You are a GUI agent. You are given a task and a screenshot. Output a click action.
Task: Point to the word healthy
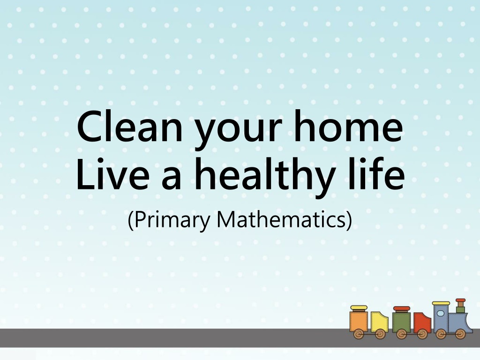coord(264,176)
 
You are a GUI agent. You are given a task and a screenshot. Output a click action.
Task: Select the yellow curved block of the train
coord(379,322)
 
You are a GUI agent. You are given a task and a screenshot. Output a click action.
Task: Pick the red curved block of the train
coord(422,322)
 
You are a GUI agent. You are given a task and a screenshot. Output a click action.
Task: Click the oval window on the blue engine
coord(440,313)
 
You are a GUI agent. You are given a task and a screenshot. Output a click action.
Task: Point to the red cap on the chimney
coord(460,300)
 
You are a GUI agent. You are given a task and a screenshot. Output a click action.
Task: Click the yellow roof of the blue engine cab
coord(441,303)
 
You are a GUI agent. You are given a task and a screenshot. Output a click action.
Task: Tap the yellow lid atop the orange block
coord(359,307)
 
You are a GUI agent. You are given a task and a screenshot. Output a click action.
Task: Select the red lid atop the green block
coord(401,308)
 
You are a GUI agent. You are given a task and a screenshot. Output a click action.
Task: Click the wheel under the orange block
coord(359,334)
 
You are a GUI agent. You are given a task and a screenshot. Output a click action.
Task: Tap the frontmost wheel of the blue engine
coord(460,334)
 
